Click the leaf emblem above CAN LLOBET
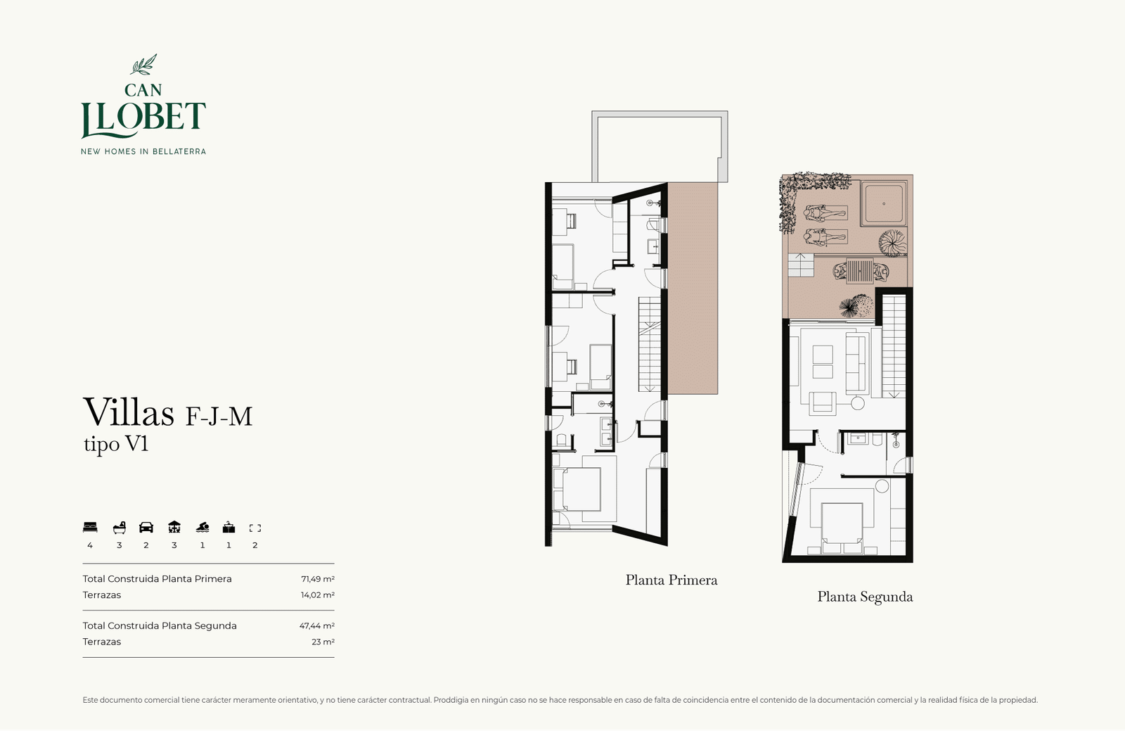[143, 65]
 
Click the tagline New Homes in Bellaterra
[143, 151]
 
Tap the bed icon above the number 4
[90, 528]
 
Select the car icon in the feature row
[146, 528]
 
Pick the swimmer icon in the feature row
[202, 528]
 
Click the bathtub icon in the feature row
[119, 528]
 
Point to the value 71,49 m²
[317, 579]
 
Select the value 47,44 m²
[317, 626]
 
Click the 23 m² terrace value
[323, 642]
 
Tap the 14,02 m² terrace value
[317, 595]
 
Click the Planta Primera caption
[671, 580]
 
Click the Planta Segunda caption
[865, 597]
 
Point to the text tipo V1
[116, 444]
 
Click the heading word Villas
[129, 412]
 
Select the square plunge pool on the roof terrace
[883, 204]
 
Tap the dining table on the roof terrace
[860, 272]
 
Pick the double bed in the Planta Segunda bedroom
[842, 528]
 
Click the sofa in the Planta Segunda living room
[856, 363]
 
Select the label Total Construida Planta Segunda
[160, 626]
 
